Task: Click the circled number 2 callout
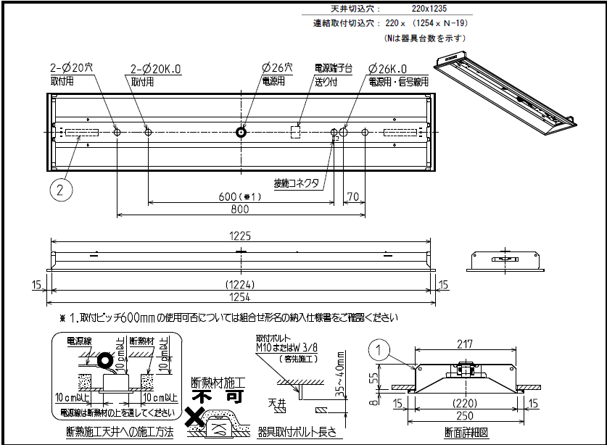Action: tap(62, 190)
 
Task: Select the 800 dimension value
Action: tap(239, 209)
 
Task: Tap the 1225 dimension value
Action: tap(239, 235)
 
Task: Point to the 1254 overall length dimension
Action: tap(239, 297)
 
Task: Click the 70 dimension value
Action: tap(353, 196)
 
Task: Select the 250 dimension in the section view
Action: tap(465, 416)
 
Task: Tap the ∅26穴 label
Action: tap(277, 68)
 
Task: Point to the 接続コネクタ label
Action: tap(296, 183)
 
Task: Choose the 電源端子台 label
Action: tap(333, 68)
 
